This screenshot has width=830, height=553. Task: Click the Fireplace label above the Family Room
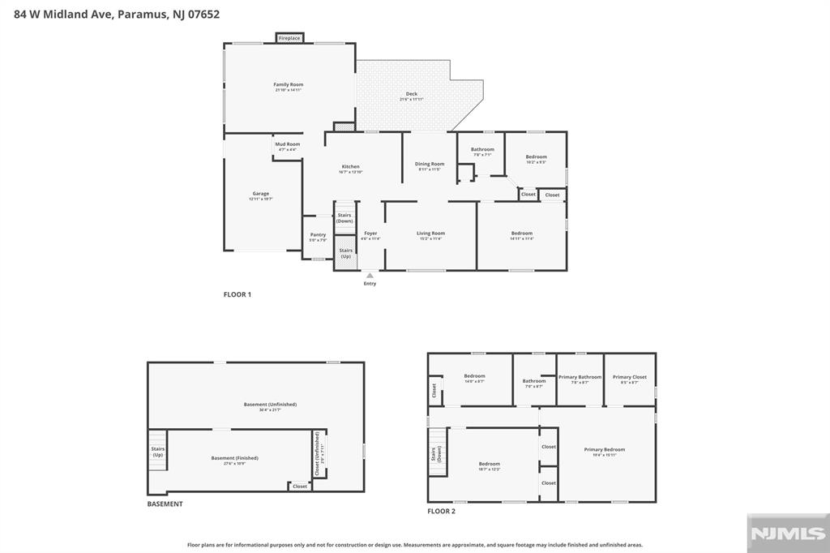point(289,38)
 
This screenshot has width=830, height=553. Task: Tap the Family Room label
point(288,84)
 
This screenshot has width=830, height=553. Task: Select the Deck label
point(412,94)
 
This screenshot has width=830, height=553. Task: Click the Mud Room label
point(287,144)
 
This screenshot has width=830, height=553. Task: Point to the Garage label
point(260,194)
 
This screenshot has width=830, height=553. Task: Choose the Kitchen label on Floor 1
point(349,167)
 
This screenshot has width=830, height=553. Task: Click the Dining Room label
point(430,164)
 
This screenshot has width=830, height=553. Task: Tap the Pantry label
point(318,235)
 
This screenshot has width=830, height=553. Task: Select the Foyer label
point(370,234)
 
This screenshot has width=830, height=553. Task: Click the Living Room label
point(431,234)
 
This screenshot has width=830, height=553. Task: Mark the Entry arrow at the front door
point(370,276)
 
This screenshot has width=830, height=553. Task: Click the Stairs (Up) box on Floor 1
point(345,253)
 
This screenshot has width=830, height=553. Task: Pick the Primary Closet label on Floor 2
point(629,376)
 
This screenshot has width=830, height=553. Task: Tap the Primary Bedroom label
point(605,449)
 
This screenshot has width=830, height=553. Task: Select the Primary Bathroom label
point(580,376)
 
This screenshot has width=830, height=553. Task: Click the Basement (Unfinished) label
point(270,404)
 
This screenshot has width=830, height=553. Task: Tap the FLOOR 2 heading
point(442,511)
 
